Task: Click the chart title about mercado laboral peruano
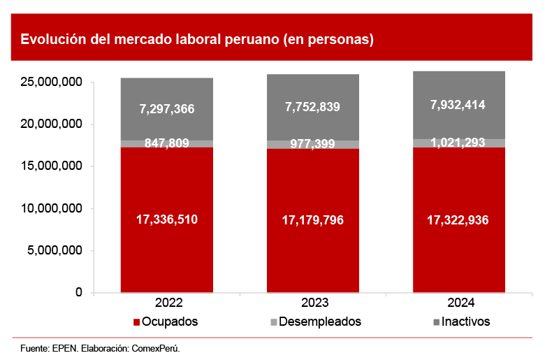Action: click(197, 39)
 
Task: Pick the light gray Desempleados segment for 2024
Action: click(459, 143)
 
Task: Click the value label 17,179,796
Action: click(312, 220)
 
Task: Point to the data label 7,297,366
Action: click(167, 108)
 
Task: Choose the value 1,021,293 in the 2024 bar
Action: click(458, 143)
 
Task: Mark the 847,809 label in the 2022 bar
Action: click(167, 143)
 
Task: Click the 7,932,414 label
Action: click(458, 105)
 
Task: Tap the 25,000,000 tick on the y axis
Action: click(52, 82)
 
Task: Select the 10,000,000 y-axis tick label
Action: click(52, 208)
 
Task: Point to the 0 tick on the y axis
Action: click(79, 292)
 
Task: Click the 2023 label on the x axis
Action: click(312, 303)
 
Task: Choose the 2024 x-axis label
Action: click(458, 303)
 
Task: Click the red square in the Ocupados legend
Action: click(136, 322)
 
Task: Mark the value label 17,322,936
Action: click(458, 220)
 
